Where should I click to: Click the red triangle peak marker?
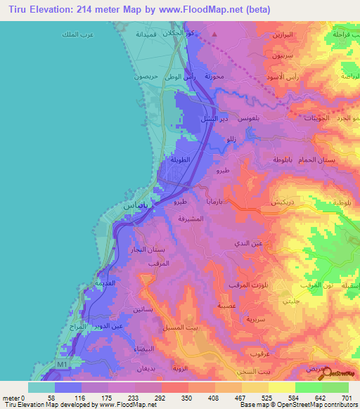[214, 33]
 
